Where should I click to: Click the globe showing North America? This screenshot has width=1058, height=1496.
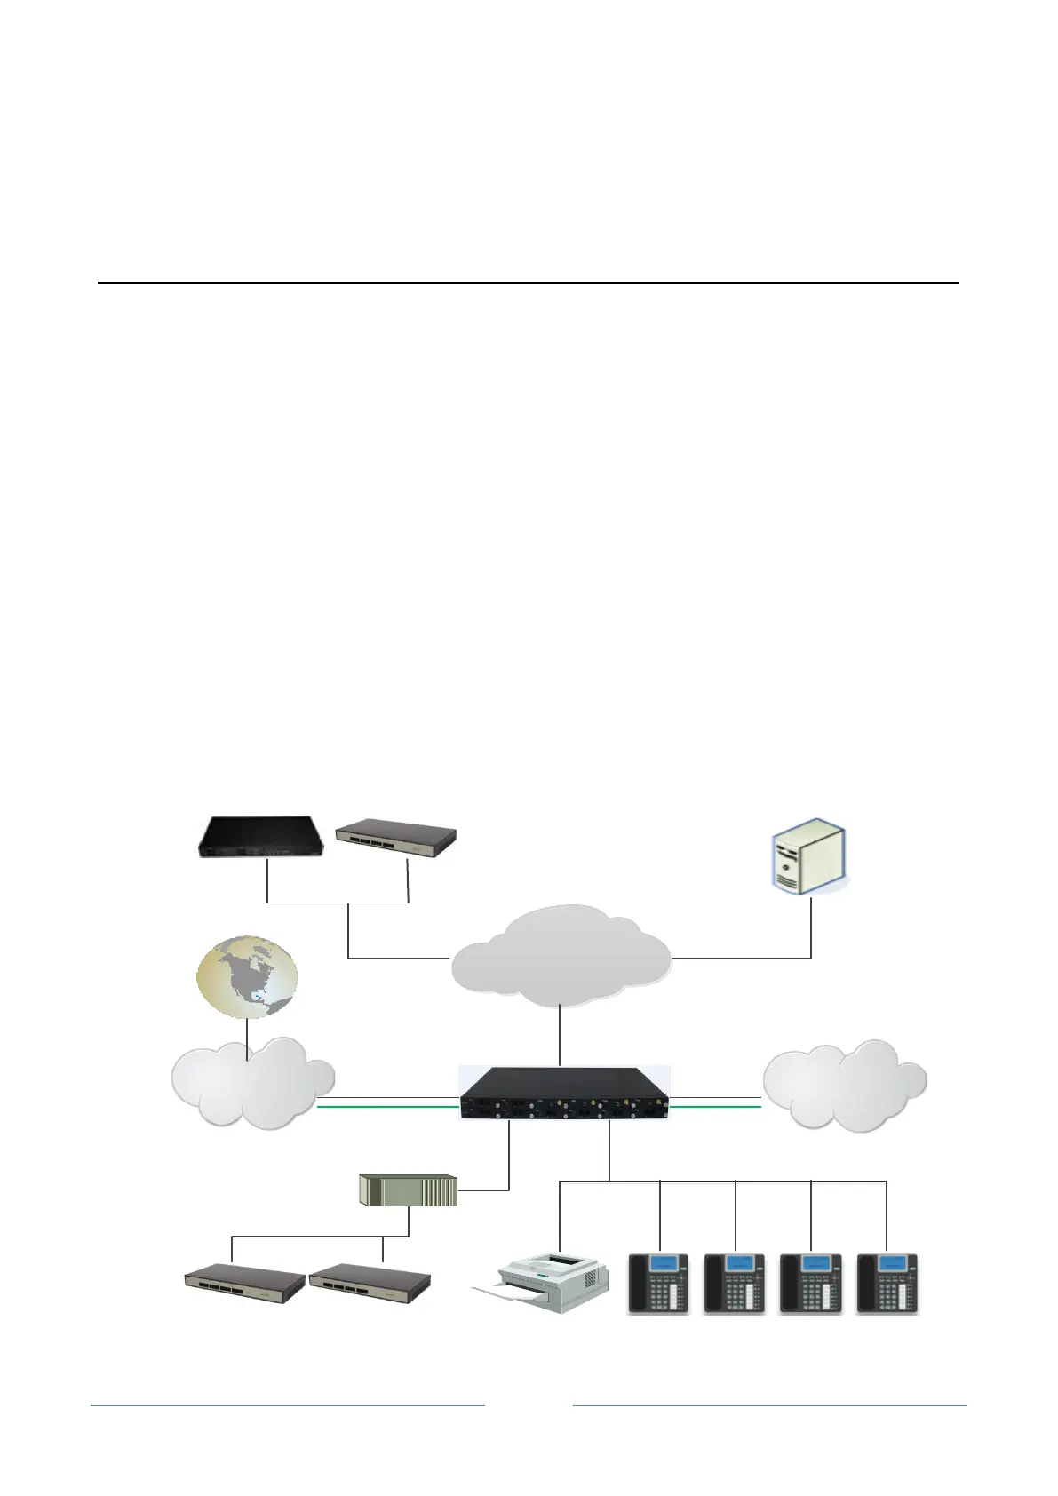coord(247,976)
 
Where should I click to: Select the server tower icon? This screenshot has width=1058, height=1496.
coord(807,858)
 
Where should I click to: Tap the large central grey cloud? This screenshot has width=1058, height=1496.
coord(561,959)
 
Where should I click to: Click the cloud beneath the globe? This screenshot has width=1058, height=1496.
coord(252,1083)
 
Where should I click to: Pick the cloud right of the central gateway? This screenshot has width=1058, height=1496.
coord(844,1085)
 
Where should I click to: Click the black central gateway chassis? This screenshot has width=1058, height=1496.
coord(564,1093)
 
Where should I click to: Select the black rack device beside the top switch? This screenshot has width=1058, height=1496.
coord(260,836)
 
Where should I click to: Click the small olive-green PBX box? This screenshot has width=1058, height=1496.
coord(408,1190)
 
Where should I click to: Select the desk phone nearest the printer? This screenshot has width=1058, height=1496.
coord(659,1283)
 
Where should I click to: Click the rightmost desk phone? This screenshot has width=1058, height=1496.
coord(887,1283)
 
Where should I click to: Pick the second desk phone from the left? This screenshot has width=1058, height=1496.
coord(735,1283)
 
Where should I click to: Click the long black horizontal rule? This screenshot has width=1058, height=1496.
coord(529,283)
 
